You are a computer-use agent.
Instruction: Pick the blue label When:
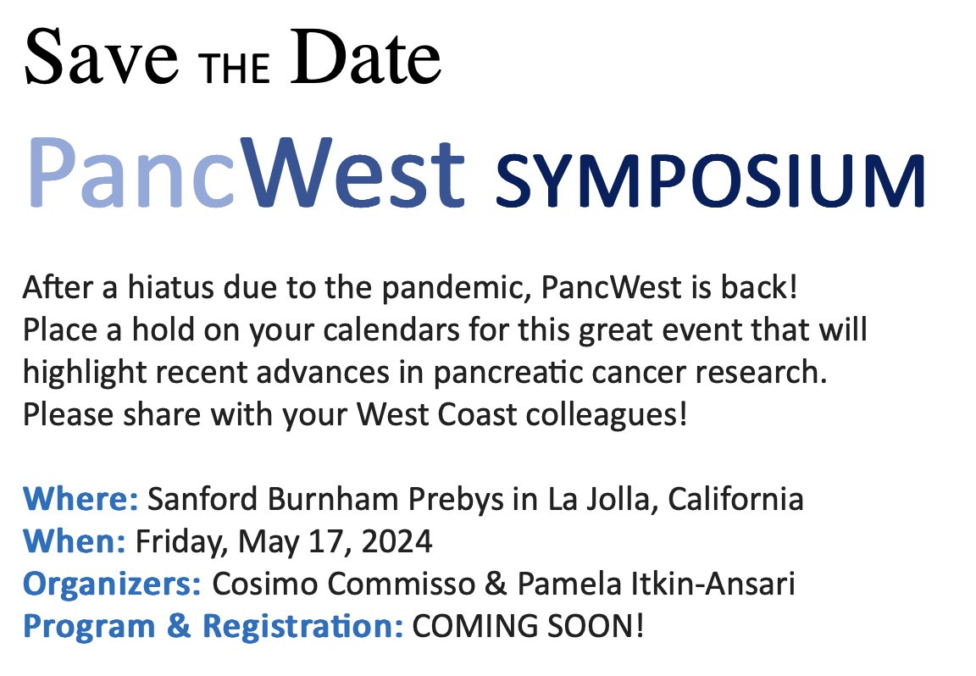tap(75, 540)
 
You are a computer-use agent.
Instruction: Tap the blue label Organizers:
tap(112, 584)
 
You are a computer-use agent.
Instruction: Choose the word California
tap(735, 499)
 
